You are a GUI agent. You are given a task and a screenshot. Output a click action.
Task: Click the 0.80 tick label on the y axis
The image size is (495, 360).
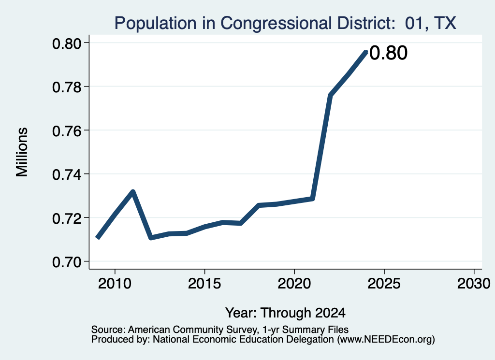click(x=66, y=43)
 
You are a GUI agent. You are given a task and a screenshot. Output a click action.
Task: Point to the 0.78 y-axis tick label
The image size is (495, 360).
click(x=66, y=87)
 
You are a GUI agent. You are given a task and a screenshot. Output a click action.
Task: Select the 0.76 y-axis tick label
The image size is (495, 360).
click(x=66, y=130)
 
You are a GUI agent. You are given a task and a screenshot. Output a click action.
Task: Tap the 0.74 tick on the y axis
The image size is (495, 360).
click(x=66, y=174)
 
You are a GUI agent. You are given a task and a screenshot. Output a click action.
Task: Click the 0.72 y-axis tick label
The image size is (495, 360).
click(x=66, y=218)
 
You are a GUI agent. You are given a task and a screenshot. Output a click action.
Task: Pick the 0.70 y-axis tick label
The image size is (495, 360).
click(x=66, y=262)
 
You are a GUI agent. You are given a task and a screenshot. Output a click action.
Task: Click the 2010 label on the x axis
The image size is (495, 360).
click(x=115, y=283)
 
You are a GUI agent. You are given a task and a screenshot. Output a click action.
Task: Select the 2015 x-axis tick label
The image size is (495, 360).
click(x=204, y=283)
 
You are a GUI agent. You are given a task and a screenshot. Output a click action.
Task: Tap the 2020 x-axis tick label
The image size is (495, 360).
click(x=294, y=283)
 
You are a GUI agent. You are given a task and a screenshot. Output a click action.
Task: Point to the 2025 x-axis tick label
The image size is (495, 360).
click(x=384, y=283)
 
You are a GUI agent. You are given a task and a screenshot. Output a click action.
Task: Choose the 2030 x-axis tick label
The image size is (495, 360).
click(x=474, y=283)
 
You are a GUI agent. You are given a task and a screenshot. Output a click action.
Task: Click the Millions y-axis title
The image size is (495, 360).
click(x=22, y=152)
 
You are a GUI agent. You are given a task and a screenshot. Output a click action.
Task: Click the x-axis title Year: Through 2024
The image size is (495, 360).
click(x=285, y=313)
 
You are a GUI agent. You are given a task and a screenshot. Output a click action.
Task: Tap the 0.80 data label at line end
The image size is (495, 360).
click(x=388, y=53)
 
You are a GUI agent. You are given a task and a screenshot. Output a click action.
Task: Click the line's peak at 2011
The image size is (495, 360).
click(x=133, y=191)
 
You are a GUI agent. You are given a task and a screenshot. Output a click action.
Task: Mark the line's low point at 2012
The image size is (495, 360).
click(x=151, y=237)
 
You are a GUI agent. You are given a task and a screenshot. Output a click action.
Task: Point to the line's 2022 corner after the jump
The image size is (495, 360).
click(x=330, y=95)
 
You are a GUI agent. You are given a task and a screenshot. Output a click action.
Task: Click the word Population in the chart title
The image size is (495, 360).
click(x=155, y=24)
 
